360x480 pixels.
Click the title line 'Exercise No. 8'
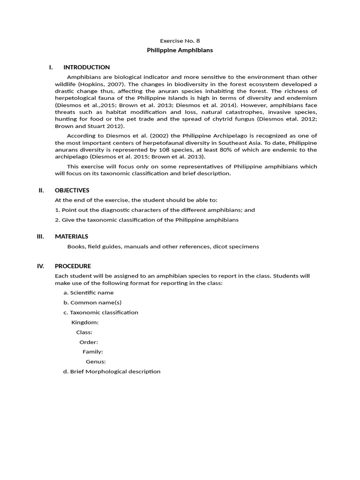click(180, 41)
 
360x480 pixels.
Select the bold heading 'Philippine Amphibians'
click(180, 50)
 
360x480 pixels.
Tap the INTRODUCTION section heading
click(87, 67)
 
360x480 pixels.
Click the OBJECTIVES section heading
click(72, 190)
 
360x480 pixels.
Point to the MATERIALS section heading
click(71, 236)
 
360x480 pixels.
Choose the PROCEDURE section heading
click(73, 266)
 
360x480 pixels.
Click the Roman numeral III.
click(40, 236)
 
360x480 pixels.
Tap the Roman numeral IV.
click(40, 266)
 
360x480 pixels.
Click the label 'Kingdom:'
click(85, 322)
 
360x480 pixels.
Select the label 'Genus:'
click(96, 361)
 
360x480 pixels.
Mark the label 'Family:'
click(93, 352)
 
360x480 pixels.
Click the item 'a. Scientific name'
click(89, 292)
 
